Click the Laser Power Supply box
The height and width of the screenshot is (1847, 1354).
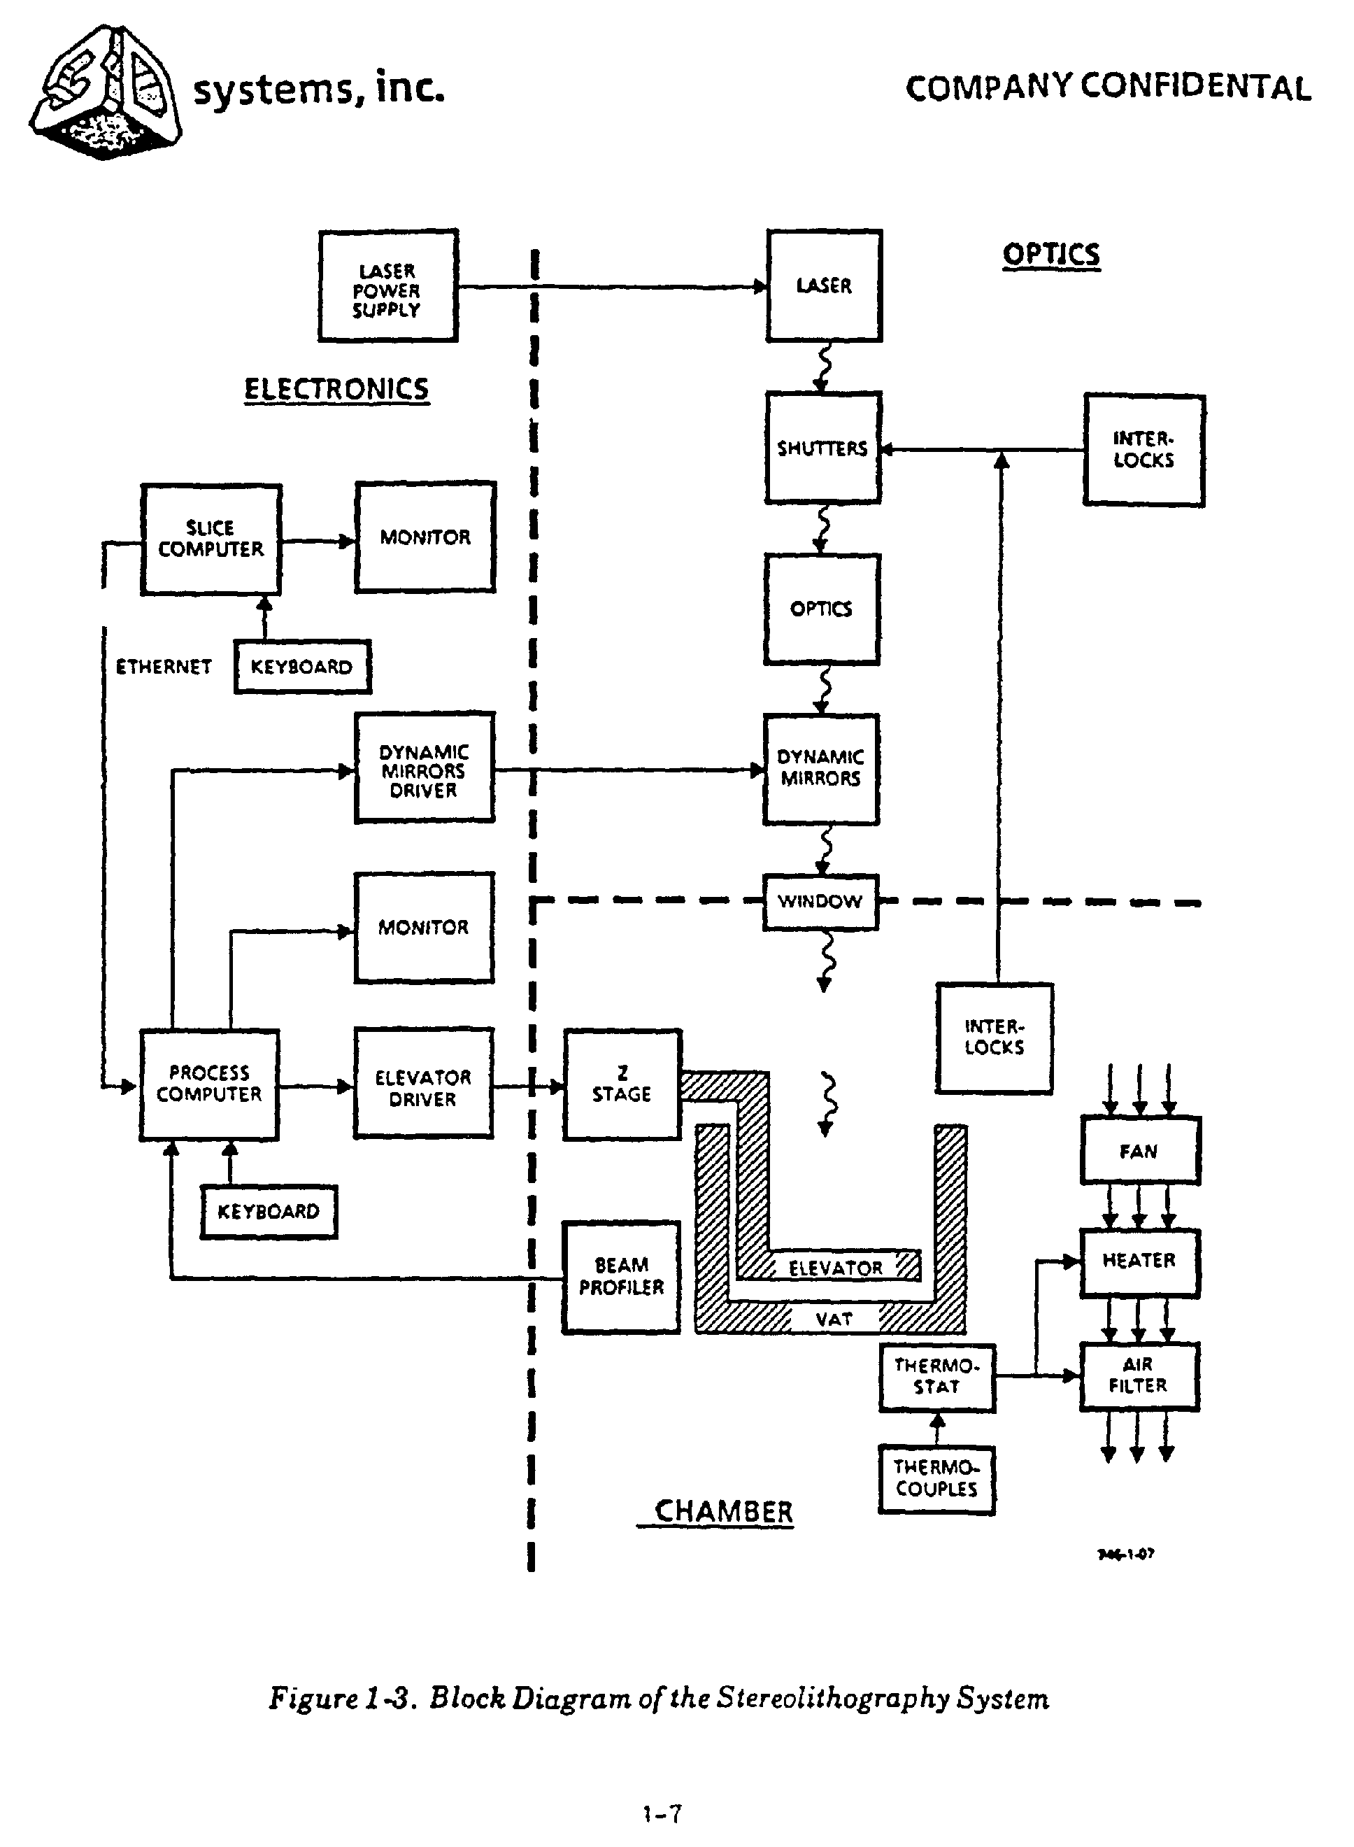click(x=387, y=286)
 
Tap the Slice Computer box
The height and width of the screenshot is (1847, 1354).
click(x=211, y=539)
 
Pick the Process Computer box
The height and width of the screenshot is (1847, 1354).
click(x=209, y=1084)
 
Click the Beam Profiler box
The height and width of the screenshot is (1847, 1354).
click(x=621, y=1276)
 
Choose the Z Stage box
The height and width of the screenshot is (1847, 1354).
click(x=622, y=1084)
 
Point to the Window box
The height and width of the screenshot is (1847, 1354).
click(x=820, y=902)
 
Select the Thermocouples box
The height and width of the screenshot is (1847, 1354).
click(x=936, y=1478)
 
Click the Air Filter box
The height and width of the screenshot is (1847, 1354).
click(x=1139, y=1375)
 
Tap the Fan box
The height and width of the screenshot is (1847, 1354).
click(x=1139, y=1151)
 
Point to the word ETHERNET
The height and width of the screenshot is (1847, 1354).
click(x=164, y=667)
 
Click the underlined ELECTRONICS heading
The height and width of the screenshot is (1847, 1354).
click(x=337, y=388)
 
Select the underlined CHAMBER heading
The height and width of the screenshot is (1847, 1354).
click(x=724, y=1511)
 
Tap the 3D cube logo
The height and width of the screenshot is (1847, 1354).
click(x=105, y=92)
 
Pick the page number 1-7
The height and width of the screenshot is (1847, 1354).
click(x=662, y=1813)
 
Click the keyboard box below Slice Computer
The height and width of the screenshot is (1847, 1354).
click(x=301, y=667)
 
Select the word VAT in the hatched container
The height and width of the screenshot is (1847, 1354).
click(x=834, y=1319)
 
